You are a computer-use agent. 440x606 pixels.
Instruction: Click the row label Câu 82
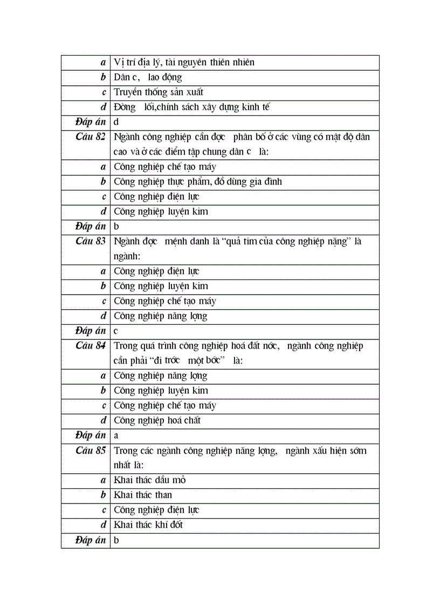[91, 137]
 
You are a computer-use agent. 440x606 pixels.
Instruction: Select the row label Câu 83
[91, 241]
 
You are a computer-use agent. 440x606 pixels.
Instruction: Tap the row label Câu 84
[91, 346]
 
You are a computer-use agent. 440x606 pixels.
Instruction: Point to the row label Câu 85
[91, 450]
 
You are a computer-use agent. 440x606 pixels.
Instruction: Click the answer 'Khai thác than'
[143, 495]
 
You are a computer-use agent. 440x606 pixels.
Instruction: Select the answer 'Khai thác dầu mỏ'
[150, 480]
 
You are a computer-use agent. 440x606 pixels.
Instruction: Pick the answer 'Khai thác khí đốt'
[148, 525]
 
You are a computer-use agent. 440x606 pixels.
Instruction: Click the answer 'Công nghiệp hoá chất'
[157, 420]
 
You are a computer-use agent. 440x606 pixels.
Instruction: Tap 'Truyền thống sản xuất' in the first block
[159, 92]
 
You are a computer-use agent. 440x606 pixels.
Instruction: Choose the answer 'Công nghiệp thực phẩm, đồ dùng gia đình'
[197, 182]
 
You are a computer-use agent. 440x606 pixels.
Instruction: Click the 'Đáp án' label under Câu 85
[90, 540]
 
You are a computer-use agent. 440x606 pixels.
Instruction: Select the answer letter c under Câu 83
[116, 331]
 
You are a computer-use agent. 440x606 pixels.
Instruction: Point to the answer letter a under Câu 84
[116, 435]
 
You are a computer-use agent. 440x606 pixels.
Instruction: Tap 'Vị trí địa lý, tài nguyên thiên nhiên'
[184, 63]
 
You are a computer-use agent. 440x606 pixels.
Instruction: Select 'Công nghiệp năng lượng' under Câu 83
[160, 316]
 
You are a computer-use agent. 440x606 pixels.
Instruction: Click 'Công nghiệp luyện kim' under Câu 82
[161, 212]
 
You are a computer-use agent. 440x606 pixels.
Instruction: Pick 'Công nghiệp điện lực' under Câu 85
[156, 510]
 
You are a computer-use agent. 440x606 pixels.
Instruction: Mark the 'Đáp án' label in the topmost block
[90, 122]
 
